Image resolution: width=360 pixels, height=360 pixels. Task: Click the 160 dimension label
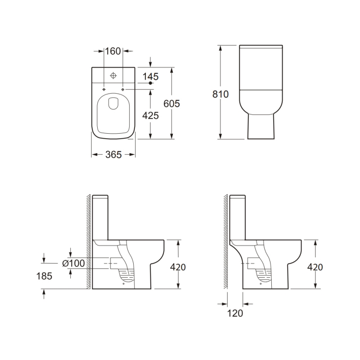[113, 51]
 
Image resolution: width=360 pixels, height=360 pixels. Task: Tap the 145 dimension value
[150, 76]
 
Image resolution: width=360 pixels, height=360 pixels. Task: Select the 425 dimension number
[150, 116]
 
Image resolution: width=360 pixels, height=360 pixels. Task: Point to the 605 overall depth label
[171, 103]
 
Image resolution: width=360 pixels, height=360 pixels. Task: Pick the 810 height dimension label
[220, 94]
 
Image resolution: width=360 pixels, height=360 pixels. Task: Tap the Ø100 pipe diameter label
[74, 263]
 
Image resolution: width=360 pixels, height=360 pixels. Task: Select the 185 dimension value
[44, 276]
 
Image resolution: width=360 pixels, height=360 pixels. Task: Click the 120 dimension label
[235, 314]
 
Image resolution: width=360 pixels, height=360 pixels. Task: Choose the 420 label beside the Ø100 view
[178, 267]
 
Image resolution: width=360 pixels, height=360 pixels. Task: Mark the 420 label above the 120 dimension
[315, 267]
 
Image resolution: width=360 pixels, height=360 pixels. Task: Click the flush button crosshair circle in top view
[113, 75]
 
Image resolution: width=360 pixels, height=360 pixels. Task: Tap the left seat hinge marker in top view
[104, 89]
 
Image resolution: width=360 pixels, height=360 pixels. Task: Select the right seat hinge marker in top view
[123, 89]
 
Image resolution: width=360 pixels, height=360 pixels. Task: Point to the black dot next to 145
[151, 84]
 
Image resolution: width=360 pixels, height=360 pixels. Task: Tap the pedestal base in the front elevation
[261, 126]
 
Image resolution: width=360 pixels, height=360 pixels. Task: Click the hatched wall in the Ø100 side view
[89, 243]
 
